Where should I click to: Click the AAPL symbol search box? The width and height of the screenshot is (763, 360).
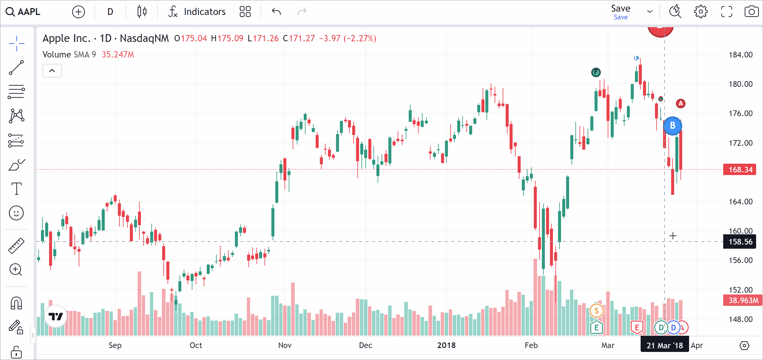click(x=23, y=12)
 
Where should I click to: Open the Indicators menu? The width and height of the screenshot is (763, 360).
click(x=197, y=12)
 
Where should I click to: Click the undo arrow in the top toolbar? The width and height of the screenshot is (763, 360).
click(x=276, y=12)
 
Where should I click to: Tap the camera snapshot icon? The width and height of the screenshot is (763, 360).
click(x=751, y=12)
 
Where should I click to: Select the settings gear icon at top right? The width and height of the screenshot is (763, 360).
click(x=700, y=12)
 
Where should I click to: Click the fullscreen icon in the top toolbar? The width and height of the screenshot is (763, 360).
click(x=726, y=12)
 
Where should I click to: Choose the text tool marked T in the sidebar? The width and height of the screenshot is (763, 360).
click(x=16, y=189)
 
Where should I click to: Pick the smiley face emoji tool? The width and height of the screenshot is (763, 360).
click(x=16, y=213)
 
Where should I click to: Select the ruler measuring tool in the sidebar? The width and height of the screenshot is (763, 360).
click(x=16, y=246)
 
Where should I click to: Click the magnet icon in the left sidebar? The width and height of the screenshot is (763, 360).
click(x=16, y=303)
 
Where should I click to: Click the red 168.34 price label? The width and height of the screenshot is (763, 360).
click(x=740, y=170)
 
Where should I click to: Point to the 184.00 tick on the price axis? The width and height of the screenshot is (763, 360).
click(x=740, y=55)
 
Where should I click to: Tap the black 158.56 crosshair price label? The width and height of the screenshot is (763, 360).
click(x=740, y=242)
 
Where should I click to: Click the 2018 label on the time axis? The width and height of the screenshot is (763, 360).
click(x=446, y=345)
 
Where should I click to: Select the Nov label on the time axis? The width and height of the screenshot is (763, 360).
click(x=285, y=345)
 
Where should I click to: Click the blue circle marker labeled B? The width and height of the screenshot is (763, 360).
click(x=673, y=126)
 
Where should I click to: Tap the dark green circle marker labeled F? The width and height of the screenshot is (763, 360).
click(x=596, y=72)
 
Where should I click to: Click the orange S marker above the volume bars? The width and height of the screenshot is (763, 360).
click(x=596, y=311)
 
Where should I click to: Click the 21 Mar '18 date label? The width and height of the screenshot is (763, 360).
click(x=665, y=345)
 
